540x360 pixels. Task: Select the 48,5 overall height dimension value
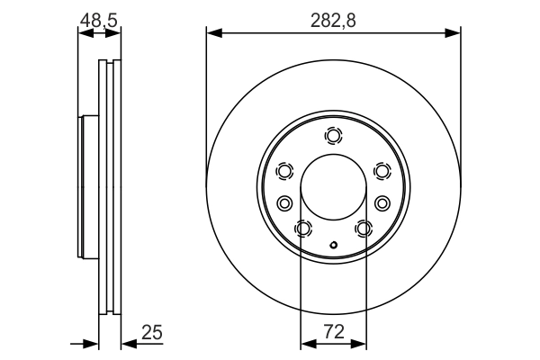99,19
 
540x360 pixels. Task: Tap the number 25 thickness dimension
151,333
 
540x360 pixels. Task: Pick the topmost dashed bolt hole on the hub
334,136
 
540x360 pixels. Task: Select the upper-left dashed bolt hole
285,171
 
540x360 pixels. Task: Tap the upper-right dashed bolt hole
382,171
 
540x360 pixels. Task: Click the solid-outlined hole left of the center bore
285,202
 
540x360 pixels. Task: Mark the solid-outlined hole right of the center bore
382,202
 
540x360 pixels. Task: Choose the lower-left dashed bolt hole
303,229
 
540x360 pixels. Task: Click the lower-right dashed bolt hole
364,229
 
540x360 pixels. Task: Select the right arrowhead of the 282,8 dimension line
454,34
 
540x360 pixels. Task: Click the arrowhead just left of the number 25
128,342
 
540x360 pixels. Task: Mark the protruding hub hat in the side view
87,186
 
